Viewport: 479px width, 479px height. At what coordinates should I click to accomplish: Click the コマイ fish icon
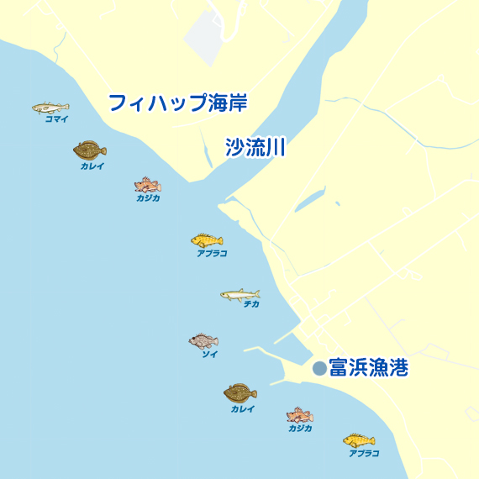pyautogui.click(x=50, y=108)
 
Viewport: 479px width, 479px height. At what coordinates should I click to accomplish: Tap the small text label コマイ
pyautogui.click(x=56, y=119)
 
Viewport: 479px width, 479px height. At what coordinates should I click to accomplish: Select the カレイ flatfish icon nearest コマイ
pyautogui.click(x=89, y=150)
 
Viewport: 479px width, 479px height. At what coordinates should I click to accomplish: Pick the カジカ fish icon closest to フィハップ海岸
pyautogui.click(x=147, y=184)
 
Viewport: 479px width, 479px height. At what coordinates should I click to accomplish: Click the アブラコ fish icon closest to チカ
pyautogui.click(x=207, y=240)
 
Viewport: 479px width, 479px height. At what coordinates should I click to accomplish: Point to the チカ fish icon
pyautogui.click(x=240, y=294)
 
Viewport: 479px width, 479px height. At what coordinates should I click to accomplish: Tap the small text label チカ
pyautogui.click(x=251, y=304)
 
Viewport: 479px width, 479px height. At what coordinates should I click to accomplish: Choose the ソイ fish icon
pyautogui.click(x=203, y=340)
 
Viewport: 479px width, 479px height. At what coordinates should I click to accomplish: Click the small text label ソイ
pyautogui.click(x=209, y=354)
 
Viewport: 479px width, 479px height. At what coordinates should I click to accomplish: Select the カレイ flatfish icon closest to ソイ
pyautogui.click(x=240, y=392)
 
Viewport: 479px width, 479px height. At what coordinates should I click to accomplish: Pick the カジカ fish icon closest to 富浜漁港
pyautogui.click(x=299, y=415)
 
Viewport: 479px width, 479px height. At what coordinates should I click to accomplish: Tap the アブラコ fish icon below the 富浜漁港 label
pyautogui.click(x=359, y=440)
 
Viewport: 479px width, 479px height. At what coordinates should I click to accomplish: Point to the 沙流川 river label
pyautogui.click(x=256, y=148)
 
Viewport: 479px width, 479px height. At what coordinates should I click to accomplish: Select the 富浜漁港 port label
pyautogui.click(x=368, y=368)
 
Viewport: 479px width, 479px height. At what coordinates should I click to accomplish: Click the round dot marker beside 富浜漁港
pyautogui.click(x=319, y=368)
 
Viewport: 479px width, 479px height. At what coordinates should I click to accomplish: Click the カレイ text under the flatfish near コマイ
pyautogui.click(x=92, y=166)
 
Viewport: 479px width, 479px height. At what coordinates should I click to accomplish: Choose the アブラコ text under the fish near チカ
pyautogui.click(x=212, y=253)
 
